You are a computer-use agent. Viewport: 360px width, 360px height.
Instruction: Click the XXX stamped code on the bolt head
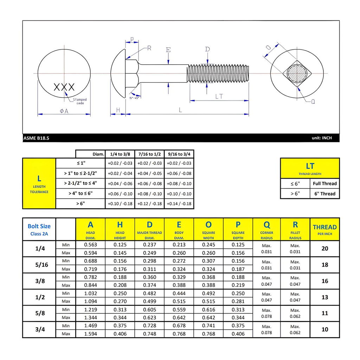point(64,87)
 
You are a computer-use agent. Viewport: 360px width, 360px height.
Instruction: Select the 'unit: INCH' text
point(321,138)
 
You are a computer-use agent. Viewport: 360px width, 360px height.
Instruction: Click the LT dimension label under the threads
point(219,96)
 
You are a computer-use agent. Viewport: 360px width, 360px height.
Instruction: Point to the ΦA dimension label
point(64,111)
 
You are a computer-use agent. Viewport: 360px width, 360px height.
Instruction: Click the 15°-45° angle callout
point(134,98)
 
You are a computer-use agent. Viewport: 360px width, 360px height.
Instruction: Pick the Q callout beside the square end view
point(313,102)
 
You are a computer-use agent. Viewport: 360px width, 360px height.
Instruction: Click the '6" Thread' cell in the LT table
point(324,194)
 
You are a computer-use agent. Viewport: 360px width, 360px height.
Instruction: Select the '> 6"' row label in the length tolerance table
point(81,204)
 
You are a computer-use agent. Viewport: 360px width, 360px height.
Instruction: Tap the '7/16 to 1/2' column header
point(149,154)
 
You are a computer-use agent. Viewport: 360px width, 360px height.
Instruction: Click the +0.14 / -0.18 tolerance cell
point(179,204)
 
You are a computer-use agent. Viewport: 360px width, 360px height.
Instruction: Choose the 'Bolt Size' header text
point(39,226)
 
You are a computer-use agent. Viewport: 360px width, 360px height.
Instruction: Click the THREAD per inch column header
point(324,229)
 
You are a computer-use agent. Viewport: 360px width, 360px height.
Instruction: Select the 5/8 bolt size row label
point(40,313)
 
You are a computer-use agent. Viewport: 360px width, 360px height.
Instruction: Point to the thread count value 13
point(324,297)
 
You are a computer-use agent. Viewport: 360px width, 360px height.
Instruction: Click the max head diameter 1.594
point(90,334)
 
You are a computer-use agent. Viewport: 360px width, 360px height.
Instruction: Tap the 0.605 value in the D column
point(149,309)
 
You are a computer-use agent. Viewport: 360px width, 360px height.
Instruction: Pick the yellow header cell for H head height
point(120,229)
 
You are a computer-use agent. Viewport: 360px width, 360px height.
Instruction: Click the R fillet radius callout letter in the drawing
point(149,48)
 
